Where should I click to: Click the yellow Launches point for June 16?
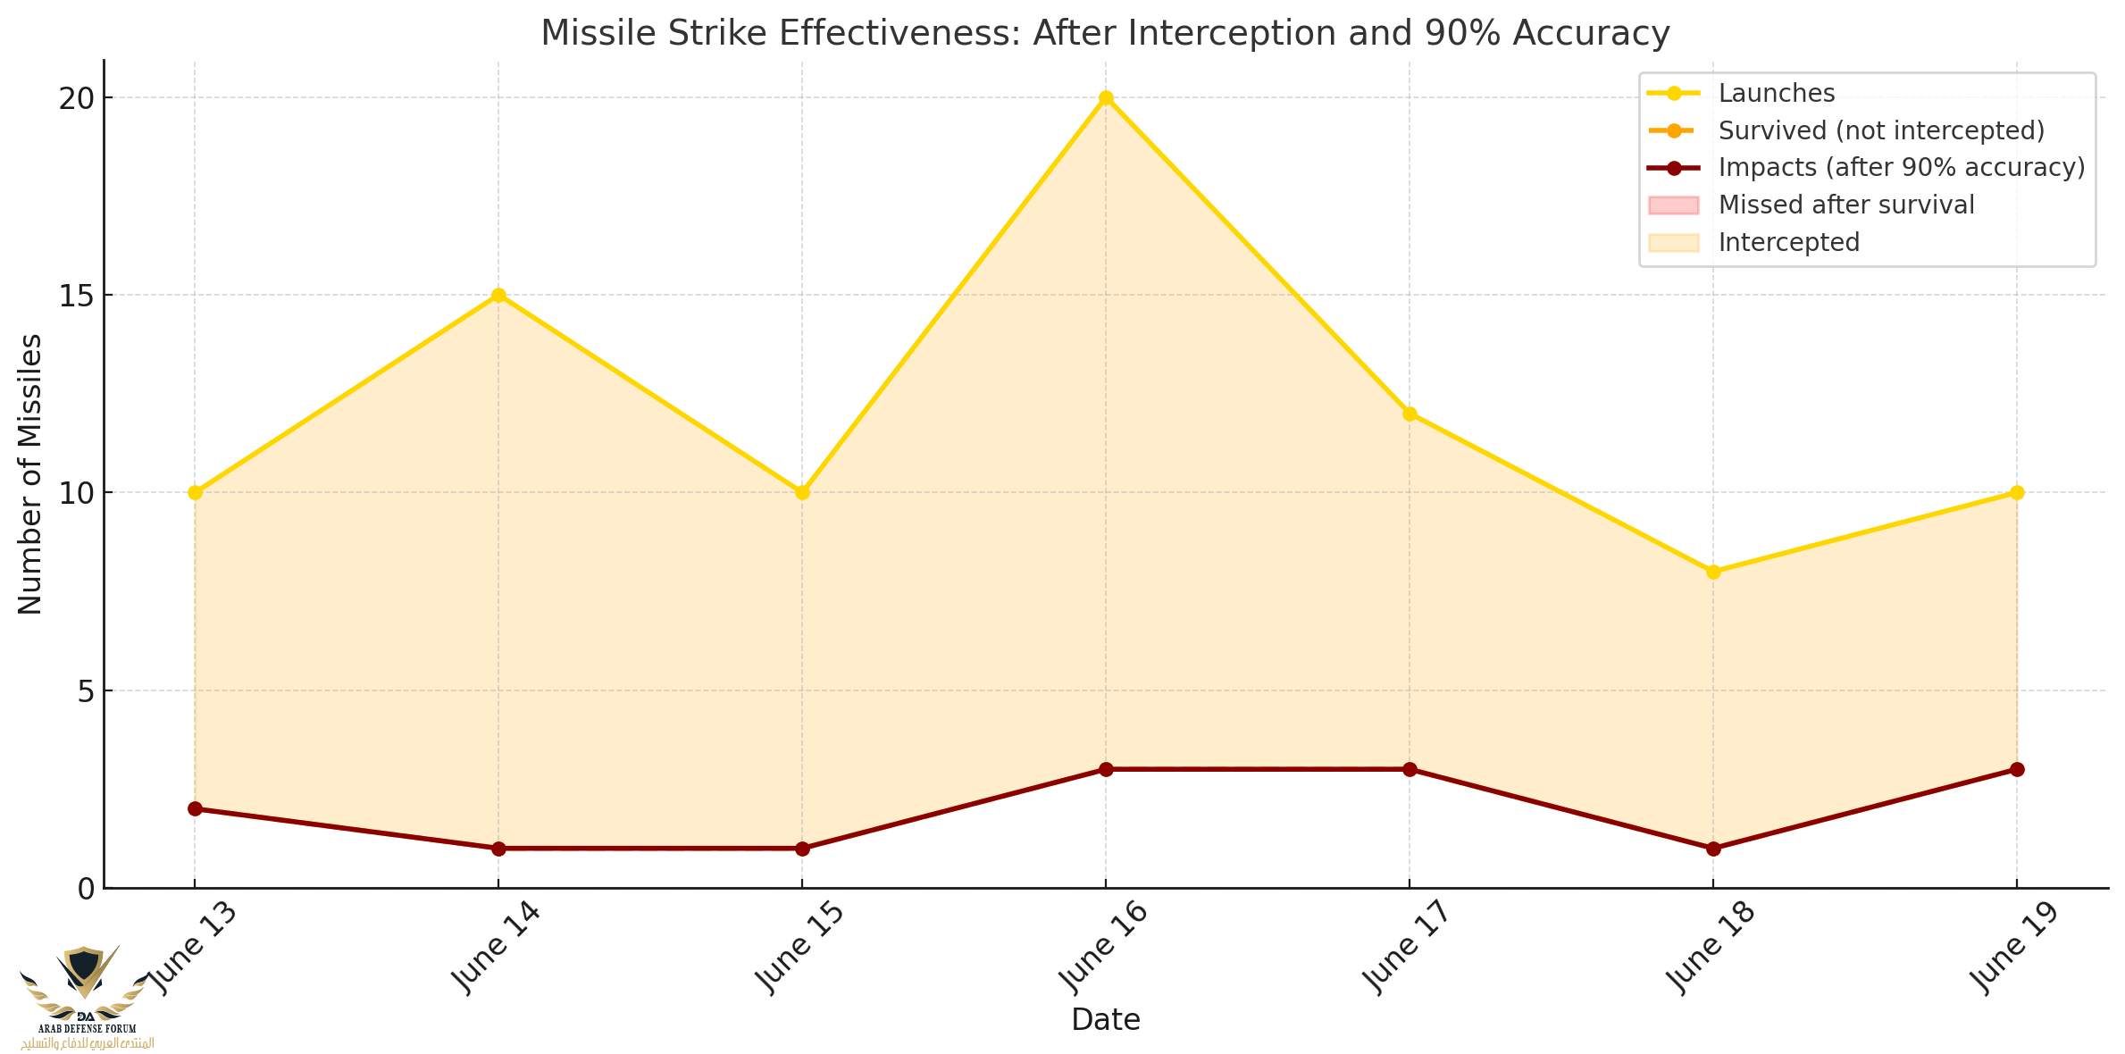1106,98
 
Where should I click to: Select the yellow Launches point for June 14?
498,296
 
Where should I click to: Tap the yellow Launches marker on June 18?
1713,572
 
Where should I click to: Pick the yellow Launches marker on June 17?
1410,414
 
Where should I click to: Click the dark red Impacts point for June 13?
195,808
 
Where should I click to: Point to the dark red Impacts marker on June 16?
1106,769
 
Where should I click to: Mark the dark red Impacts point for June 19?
2017,769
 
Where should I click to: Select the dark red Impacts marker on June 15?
802,848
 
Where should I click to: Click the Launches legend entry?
1776,93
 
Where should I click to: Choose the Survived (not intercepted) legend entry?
1881,130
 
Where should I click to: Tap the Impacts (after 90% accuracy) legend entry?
1901,167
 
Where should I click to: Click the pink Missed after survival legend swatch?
1673,205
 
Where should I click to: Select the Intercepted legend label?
1788,242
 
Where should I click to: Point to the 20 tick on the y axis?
77,98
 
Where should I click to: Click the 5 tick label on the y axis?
86,690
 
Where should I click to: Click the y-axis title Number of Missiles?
29,473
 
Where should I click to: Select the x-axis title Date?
1106,1020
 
